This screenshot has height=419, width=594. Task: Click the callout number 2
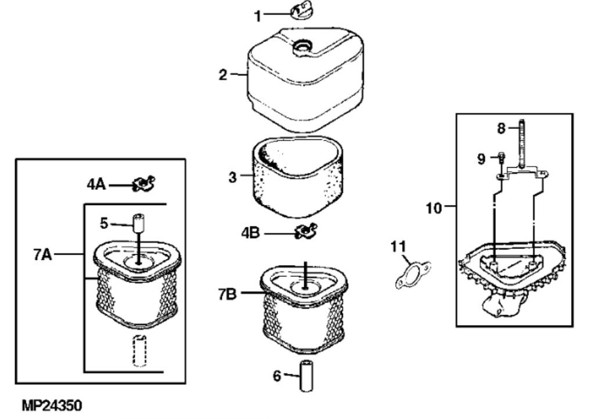(223, 74)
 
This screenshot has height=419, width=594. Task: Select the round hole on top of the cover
(302, 46)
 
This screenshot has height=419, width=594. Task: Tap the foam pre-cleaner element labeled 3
(298, 176)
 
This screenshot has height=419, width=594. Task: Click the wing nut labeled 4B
(306, 231)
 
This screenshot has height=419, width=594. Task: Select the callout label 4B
(250, 232)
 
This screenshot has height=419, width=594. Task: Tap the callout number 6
(278, 376)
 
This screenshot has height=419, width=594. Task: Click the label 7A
(42, 254)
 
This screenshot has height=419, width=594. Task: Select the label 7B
(227, 294)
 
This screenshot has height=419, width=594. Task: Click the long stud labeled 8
(522, 145)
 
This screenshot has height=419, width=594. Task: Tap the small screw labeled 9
(501, 159)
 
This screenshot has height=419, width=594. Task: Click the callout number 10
(434, 208)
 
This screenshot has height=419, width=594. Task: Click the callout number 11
(398, 247)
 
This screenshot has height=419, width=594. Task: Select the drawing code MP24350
(52, 406)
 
